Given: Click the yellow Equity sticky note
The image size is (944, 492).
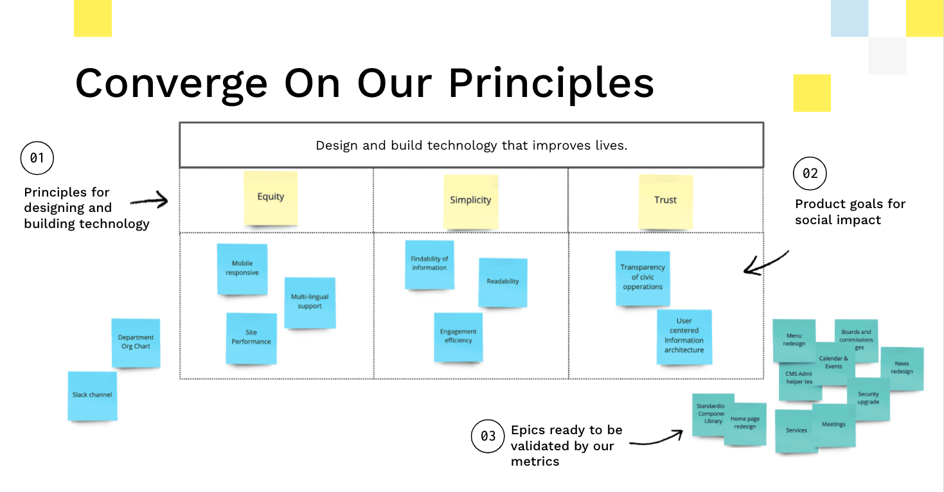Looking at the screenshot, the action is [271, 198].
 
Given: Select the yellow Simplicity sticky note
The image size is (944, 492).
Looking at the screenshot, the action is [470, 200].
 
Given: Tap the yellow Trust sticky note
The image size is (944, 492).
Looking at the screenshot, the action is [665, 200].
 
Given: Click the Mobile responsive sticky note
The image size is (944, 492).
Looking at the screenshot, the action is [242, 268].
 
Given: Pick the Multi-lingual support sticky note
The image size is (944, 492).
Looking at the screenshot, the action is [310, 302].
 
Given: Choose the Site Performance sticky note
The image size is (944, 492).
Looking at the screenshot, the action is [251, 337].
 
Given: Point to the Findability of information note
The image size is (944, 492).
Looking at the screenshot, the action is [429, 264].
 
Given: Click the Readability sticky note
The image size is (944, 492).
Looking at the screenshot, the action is [503, 282].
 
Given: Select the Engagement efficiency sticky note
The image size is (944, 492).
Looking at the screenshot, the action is [458, 337].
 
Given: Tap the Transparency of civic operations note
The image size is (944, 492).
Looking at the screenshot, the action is [643, 277].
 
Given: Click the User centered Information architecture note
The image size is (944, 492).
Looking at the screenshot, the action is [684, 336].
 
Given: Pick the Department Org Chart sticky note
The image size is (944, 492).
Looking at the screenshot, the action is [136, 342].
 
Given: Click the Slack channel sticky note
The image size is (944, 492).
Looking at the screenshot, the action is [93, 395].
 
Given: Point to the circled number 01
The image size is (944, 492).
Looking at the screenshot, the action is [37, 158].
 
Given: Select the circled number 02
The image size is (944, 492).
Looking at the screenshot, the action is [810, 173].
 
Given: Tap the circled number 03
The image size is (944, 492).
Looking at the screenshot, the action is [488, 436].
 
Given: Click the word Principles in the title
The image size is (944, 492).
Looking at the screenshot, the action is [551, 83].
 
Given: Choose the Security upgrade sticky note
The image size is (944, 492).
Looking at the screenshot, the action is [869, 398].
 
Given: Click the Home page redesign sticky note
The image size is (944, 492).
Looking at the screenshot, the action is [745, 423].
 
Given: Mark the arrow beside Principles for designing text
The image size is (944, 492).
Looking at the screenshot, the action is [149, 202].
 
